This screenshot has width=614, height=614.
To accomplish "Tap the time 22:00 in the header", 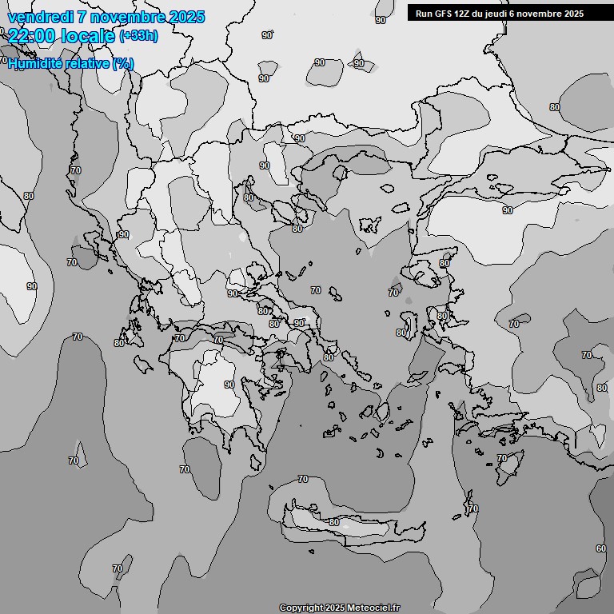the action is [33, 37].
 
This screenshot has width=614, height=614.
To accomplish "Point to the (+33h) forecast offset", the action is [139, 36].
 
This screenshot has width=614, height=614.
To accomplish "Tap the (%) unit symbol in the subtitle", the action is [123, 64].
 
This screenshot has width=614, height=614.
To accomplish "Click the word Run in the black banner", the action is [424, 14].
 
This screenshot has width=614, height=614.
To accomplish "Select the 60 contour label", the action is [600, 548].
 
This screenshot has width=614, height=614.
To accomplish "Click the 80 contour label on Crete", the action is [334, 522].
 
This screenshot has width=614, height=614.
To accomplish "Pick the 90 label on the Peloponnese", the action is [229, 385].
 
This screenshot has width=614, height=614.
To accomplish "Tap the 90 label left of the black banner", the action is [381, 20].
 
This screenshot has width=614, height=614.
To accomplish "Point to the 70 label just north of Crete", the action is [302, 480].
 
